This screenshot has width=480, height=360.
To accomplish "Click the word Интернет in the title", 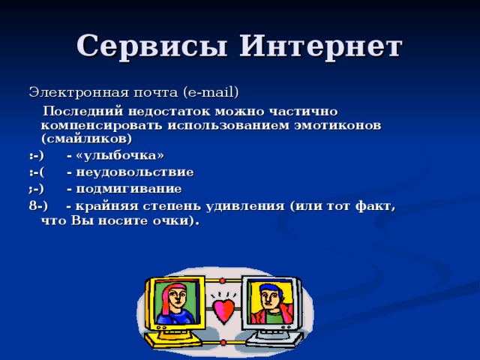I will [x=321, y=46].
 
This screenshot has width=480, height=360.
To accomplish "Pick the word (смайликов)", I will [x=85, y=139].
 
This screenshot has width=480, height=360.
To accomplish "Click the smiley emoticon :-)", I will [x=36, y=155].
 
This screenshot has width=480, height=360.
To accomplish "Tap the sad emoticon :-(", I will [x=36, y=172].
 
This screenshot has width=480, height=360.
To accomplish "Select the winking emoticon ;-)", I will [x=36, y=188].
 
